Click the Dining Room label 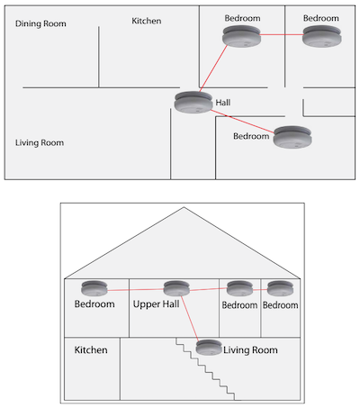click(40, 23)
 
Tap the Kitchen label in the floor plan click(147, 21)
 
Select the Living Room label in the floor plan click(40, 142)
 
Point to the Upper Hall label click(156, 304)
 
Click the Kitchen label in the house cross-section click(91, 350)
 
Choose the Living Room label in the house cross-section click(250, 350)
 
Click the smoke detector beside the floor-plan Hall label click(193, 103)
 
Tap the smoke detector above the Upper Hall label click(176, 288)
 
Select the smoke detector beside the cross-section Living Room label click(209, 348)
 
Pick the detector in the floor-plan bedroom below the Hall click(292, 137)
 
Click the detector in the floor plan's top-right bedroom click(322, 36)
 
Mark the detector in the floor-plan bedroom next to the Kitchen click(241, 36)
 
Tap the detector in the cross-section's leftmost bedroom click(94, 288)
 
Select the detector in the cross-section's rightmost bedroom click(280, 288)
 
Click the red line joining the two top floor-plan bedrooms click(282, 35)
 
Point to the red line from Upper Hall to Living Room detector click(190, 318)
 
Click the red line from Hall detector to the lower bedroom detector click(242, 122)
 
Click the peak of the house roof click(184, 207)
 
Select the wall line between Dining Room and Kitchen click(99, 57)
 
